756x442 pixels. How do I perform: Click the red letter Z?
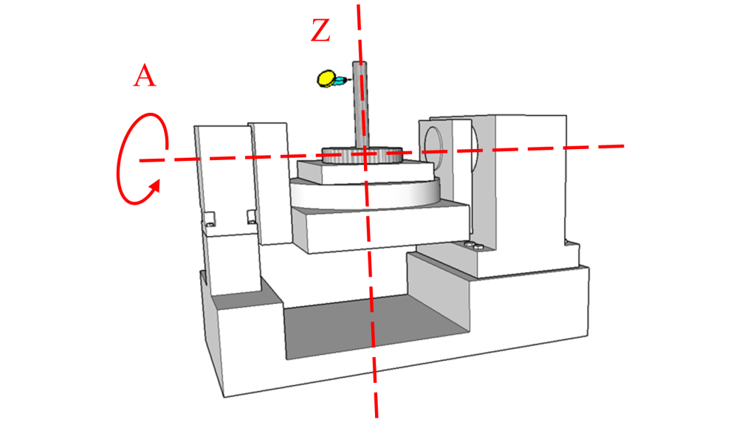pos(320,31)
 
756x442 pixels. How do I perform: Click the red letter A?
pos(145,76)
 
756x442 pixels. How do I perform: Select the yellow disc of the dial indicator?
pos(326,78)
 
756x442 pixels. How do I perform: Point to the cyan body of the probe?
pos(340,80)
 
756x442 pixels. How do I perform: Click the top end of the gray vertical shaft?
pos(360,63)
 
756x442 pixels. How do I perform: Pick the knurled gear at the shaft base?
pos(362,155)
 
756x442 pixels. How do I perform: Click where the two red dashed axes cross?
pos(365,153)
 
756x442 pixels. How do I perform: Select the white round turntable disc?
pos(365,194)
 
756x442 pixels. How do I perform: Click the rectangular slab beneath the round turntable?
pos(381,226)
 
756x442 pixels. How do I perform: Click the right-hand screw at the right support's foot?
pos(478,247)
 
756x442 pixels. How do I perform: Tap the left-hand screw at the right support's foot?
pos(468,245)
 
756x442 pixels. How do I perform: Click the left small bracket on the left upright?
pos(209,219)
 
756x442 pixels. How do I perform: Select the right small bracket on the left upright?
pos(252,216)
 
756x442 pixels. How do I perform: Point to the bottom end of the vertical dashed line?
pos(376,416)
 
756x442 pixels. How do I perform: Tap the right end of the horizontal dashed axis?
pos(623,145)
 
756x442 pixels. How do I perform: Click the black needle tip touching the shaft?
pos(351,79)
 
